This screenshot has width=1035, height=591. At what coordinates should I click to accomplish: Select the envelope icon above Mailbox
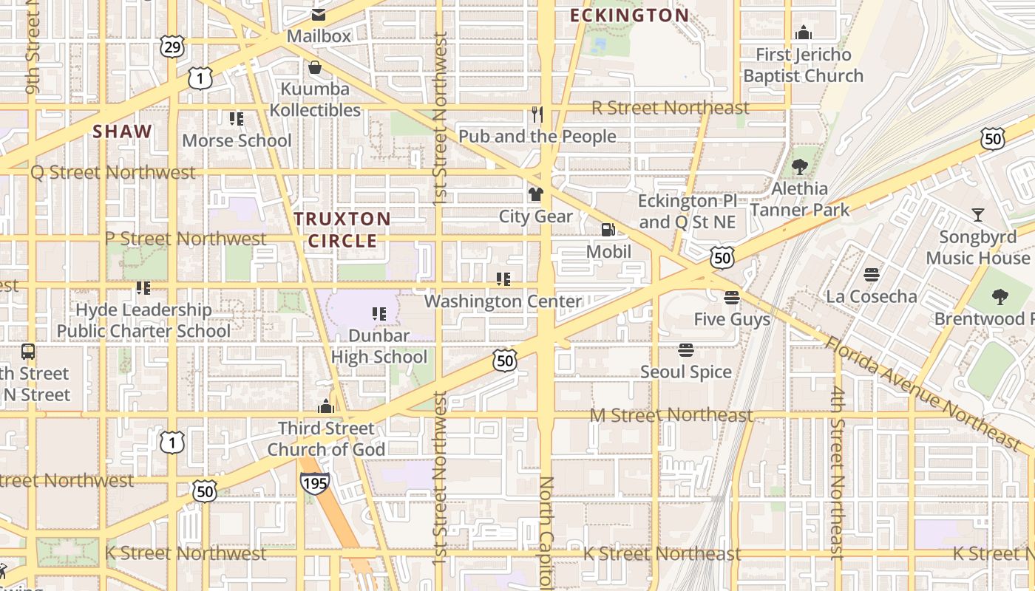[x=319, y=14]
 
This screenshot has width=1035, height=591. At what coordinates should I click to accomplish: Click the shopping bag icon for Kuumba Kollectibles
[x=315, y=68]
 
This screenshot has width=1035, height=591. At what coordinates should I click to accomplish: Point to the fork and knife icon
[x=537, y=114]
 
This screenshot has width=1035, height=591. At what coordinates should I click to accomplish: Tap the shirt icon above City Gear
[x=536, y=194]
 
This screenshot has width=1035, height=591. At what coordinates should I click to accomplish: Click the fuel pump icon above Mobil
[x=608, y=230]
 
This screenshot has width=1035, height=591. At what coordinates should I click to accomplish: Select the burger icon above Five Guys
[x=732, y=298]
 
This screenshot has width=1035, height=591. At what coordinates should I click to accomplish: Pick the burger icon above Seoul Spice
[x=686, y=349]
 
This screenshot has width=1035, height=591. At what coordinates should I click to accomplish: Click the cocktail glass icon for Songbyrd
[x=978, y=215]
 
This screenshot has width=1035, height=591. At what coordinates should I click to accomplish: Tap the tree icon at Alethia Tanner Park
[x=799, y=166]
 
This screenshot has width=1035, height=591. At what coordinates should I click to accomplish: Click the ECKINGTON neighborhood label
[x=629, y=15]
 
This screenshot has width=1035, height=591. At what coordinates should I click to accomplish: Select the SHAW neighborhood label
[x=123, y=132]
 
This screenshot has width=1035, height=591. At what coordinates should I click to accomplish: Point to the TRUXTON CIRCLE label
[x=342, y=230]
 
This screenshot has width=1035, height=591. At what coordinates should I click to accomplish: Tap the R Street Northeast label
[x=671, y=108]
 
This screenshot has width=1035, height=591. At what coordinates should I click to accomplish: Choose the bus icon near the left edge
[x=28, y=352]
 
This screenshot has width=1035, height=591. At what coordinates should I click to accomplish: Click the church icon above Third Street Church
[x=325, y=406]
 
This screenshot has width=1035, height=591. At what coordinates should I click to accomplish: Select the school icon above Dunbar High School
[x=379, y=313]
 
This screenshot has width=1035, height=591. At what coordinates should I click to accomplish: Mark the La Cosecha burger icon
[x=872, y=275]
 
